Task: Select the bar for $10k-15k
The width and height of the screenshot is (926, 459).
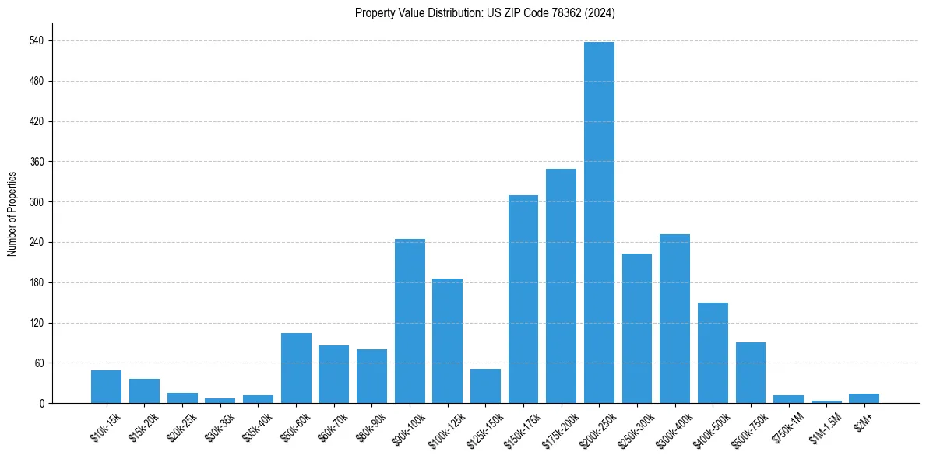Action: (x=106, y=387)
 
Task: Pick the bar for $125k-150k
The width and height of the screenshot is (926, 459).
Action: (x=485, y=386)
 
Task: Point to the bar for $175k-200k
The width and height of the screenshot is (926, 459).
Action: (x=561, y=286)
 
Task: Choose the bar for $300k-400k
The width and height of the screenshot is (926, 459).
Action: (x=674, y=318)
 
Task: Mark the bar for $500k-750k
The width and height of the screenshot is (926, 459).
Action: (x=750, y=373)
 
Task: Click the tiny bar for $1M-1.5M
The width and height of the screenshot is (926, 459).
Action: (x=826, y=401)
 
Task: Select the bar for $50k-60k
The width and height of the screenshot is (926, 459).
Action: (x=296, y=368)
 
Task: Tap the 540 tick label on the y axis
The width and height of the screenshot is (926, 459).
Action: (x=37, y=40)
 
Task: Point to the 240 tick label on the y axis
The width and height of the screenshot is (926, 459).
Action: (x=37, y=242)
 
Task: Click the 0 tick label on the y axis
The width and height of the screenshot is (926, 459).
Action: (x=42, y=403)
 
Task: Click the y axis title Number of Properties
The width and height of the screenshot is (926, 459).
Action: (x=12, y=214)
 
